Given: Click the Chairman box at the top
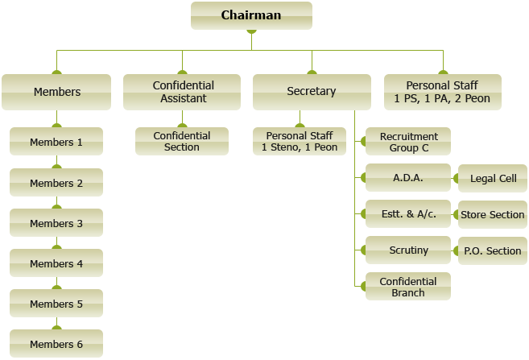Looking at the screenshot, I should pos(251,15).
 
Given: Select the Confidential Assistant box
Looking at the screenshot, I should pos(182,92).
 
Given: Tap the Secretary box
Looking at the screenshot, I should pos(311,92).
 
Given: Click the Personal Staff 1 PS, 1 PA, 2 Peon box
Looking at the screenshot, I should pos(443,92).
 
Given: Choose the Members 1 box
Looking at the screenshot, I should pos(56,142).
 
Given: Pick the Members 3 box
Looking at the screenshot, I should pos(56,223).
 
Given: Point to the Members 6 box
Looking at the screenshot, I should pos(56,344).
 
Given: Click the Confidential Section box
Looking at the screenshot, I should pos(182,142).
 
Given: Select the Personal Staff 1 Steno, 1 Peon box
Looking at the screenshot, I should pos(300,142).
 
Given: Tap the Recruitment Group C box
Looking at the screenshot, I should pos(408,142).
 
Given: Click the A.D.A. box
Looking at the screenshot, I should pos(408,178).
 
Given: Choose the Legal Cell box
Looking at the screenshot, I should pos(493,178).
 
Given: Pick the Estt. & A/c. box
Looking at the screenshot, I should pos(408,214).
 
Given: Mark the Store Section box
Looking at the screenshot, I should pos(493,214).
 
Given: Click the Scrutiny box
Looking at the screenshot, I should pos(408,250).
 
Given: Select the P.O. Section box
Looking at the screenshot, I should pos(493,250).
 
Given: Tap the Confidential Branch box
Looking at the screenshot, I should pos(408,287).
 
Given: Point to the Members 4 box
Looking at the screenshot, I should pos(56,263).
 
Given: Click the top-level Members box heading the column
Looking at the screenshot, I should pos(56,92).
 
